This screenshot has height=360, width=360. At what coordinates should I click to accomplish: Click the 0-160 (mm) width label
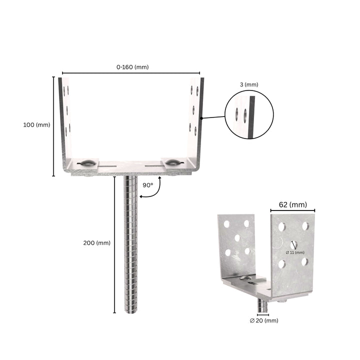pos(132,67)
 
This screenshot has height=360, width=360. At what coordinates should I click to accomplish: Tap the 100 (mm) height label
pos(36,125)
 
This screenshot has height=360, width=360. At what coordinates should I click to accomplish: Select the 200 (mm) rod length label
pos(96,243)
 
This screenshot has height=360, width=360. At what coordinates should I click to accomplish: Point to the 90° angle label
pos(148,185)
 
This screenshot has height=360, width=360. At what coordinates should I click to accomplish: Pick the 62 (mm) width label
pos(293,204)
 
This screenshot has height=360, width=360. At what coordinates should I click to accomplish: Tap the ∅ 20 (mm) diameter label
pos(264,320)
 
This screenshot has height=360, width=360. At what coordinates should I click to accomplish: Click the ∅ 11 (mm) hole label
pos(295,252)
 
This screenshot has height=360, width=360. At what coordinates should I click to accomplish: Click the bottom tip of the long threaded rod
pos(130,311)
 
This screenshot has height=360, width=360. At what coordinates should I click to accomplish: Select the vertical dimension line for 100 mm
pos(54,126)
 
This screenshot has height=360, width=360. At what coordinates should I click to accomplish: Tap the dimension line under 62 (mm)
pos(293,210)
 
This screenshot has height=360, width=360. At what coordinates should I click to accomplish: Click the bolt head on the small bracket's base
pos(245,277)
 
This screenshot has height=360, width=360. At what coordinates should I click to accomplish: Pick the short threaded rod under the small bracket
pos(262,304)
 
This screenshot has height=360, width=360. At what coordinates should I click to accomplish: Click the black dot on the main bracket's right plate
pos(201,118)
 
